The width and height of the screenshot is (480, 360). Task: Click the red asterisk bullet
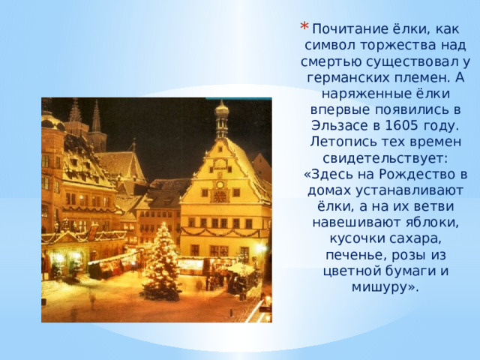tap(304, 26)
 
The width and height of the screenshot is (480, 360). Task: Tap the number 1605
tap(401, 125)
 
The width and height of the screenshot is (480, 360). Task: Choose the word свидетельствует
tap(385, 158)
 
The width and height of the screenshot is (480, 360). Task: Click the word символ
tap(330, 46)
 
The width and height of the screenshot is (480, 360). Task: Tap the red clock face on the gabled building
tap(220, 196)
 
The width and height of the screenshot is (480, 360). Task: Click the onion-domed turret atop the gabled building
tap(222, 118)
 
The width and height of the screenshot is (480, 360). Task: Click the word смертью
tap(331, 61)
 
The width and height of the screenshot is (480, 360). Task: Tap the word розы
tap(409, 255)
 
